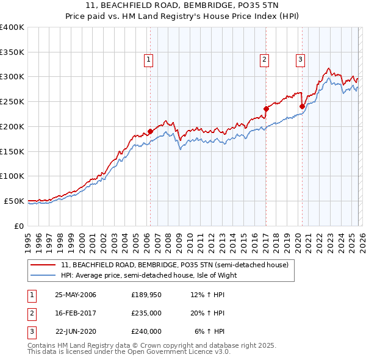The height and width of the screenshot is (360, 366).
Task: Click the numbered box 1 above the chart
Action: pyautogui.click(x=149, y=59)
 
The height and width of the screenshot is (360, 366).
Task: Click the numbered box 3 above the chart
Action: pyautogui.click(x=301, y=59)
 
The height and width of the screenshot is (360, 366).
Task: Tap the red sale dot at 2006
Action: pyautogui.click(x=150, y=131)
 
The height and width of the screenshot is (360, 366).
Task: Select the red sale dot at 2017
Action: pyautogui.click(x=266, y=109)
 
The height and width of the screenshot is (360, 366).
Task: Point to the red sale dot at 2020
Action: pyautogui.click(x=302, y=106)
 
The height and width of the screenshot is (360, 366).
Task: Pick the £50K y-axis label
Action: pyautogui.click(x=14, y=201)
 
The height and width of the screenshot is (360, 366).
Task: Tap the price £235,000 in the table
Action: pyautogui.click(x=146, y=313)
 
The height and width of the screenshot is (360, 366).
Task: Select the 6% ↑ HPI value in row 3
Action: pyautogui.click(x=210, y=331)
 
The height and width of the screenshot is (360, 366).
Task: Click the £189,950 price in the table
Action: pyautogui.click(x=146, y=295)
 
